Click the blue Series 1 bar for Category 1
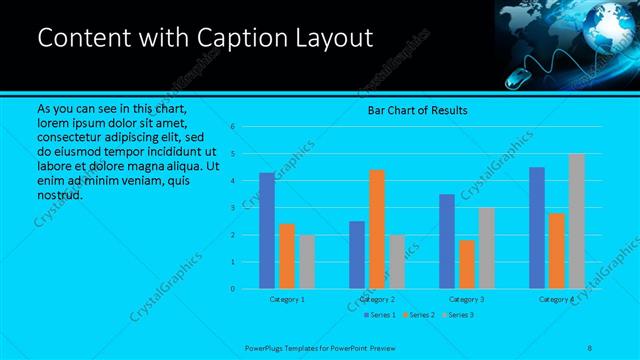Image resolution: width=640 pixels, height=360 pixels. (x=266, y=231)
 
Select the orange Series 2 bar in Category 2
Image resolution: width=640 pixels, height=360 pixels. (x=376, y=229)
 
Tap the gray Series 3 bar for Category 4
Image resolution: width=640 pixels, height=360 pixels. (x=576, y=221)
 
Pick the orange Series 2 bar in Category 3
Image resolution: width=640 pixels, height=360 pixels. (x=466, y=264)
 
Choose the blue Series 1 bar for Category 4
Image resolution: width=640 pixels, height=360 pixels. (x=537, y=228)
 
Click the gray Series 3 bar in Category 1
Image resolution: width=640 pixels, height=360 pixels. (x=306, y=262)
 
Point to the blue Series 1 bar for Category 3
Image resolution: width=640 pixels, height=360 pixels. (x=447, y=241)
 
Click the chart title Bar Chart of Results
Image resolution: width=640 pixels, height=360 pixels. (x=418, y=109)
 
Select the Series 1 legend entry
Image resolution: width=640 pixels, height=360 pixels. (x=379, y=315)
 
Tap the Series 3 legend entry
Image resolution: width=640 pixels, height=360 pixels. (x=457, y=315)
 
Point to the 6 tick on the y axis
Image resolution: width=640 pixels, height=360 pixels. (x=232, y=127)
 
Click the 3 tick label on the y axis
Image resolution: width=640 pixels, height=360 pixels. (x=232, y=208)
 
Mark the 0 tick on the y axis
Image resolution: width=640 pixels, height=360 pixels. (x=232, y=289)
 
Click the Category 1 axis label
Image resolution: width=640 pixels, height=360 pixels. (x=288, y=299)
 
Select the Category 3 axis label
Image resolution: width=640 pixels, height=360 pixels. (x=467, y=299)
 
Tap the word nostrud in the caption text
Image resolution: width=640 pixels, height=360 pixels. (x=58, y=194)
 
